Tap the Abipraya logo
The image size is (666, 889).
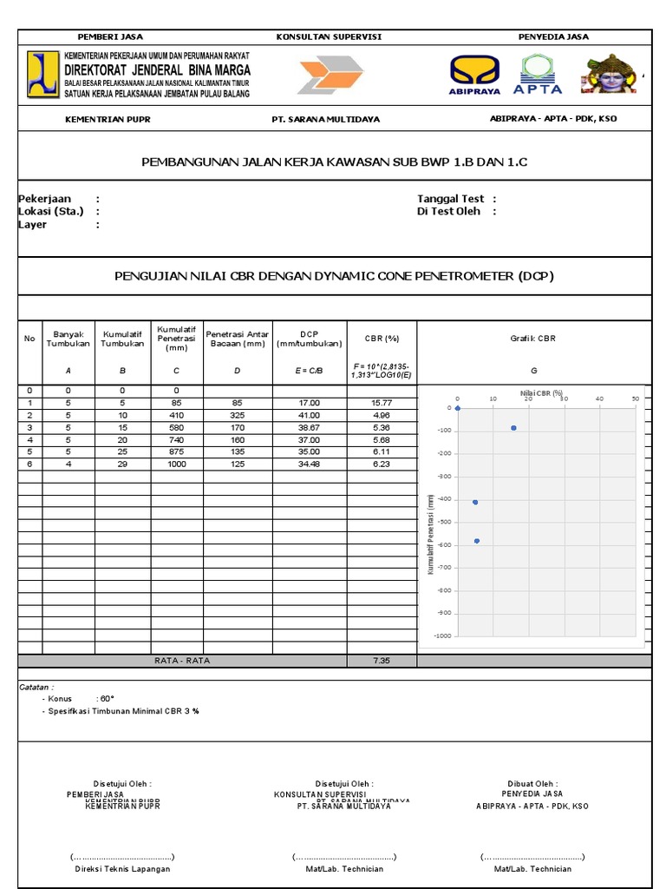pos(474,74)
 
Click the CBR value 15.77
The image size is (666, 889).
pos(382,403)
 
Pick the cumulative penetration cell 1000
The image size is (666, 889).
pos(178,464)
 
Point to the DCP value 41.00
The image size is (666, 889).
pos(310,415)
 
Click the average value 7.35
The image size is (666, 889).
pos(382,661)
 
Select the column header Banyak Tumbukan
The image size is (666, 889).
pos(68,339)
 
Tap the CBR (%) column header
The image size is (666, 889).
pos(382,339)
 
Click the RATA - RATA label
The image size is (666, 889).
pos(182,661)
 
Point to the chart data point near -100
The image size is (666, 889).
pos(513,428)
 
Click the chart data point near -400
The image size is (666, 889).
pos(475,502)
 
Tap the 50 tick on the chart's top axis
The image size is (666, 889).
pos(636,398)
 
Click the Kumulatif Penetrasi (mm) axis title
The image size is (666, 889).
pos(429,533)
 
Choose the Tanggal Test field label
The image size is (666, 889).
pos(450,199)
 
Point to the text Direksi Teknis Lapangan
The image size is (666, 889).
pos(122,868)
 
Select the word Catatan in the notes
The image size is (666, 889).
pos(36,687)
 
